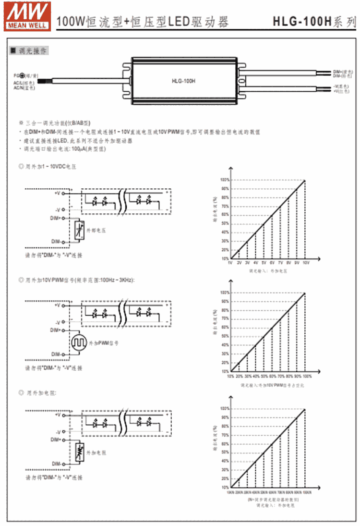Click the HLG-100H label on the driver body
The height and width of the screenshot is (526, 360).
[x=183, y=81]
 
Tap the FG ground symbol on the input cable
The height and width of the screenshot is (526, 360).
[x=22, y=75]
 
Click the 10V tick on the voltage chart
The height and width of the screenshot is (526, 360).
[x=305, y=263]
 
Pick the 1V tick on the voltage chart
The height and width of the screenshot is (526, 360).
[x=231, y=263]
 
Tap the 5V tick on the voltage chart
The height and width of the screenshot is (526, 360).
[x=264, y=263]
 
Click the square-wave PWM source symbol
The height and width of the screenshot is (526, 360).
[x=79, y=343]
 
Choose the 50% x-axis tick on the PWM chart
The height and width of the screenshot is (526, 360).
[x=264, y=376]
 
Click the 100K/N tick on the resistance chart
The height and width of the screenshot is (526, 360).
[x=306, y=492]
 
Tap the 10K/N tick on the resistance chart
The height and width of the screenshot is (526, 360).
[x=231, y=492]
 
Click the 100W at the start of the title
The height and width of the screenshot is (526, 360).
[x=71, y=22]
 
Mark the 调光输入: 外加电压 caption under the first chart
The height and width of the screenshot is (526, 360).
[x=268, y=271]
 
